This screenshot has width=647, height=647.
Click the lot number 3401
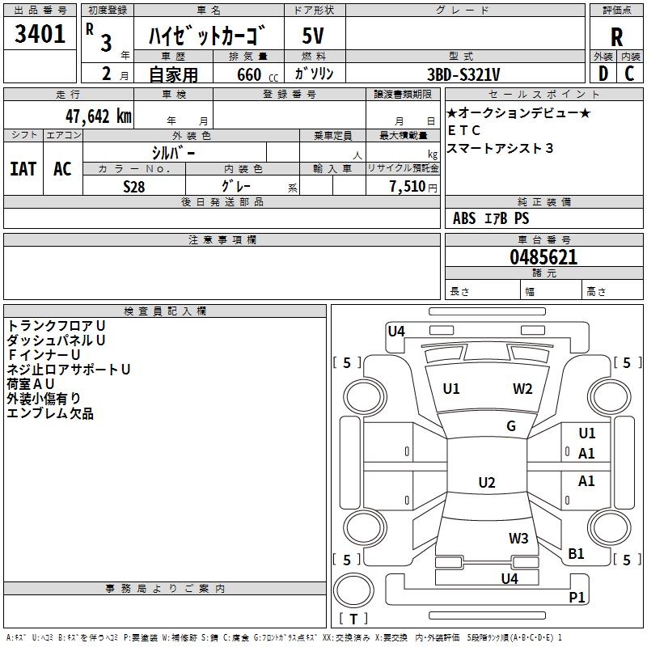coord(40,34)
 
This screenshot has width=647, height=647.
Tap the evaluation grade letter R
coord(616,36)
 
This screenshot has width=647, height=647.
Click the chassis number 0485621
coord(543,257)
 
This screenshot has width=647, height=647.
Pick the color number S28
coord(133,186)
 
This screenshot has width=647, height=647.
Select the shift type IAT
coord(23,168)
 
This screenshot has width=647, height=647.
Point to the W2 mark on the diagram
coord(522,389)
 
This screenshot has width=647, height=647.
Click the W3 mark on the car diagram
coord(518,539)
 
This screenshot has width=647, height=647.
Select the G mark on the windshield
coord(511,426)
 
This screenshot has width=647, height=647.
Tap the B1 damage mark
coord(576,554)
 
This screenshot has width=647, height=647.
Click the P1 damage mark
coord(577,598)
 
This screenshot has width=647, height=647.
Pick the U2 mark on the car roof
coord(486,483)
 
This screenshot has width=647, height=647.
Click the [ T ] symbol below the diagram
coord(353,620)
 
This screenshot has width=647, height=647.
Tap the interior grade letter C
coord(629,74)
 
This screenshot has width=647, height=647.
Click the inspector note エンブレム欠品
coord(50,414)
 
